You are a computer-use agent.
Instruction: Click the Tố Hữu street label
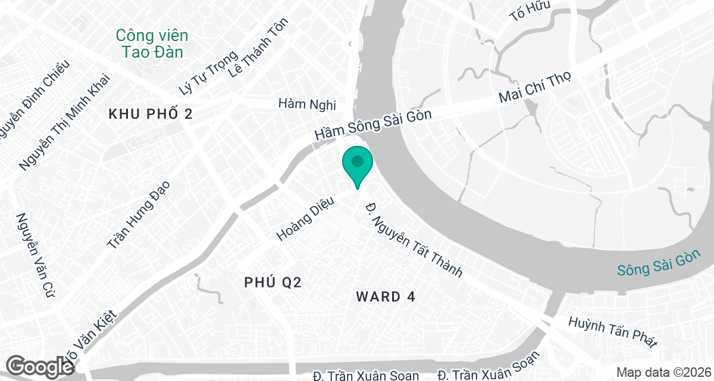click(x=531, y=11)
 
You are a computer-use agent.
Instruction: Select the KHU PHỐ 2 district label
click(x=151, y=114)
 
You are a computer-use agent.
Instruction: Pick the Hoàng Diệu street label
click(x=306, y=219)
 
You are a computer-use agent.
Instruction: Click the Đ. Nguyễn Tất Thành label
click(x=414, y=239)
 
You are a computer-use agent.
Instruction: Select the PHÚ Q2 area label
click(x=273, y=283)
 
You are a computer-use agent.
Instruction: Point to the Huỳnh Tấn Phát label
click(x=613, y=332)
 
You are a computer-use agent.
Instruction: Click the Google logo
click(x=40, y=366)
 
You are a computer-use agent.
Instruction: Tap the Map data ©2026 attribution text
click(x=662, y=372)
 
